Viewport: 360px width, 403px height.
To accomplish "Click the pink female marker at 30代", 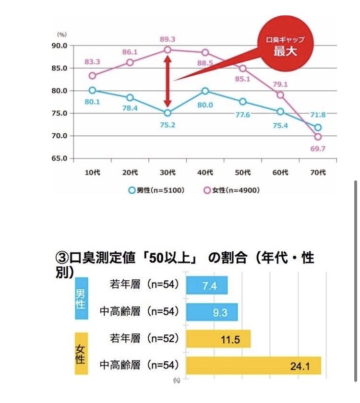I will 168,50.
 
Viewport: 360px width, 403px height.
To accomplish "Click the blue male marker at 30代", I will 168,113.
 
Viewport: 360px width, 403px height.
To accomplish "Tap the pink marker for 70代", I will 318,137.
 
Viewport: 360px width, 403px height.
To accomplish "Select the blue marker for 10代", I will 92,90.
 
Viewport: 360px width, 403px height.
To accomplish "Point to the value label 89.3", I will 168,38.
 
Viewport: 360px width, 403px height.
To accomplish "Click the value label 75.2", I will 168,125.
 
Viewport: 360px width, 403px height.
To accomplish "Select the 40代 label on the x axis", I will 205,172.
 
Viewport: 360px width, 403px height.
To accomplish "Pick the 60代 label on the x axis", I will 280,172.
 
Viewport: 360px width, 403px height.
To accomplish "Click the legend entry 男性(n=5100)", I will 157,190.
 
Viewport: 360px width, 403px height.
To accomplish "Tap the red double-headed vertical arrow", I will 168,82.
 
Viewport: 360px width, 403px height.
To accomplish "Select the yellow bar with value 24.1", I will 253,366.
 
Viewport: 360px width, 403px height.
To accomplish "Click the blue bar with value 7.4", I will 206,285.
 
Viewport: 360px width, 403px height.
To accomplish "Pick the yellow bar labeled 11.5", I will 218,339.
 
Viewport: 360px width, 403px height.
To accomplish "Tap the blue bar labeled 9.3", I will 212,312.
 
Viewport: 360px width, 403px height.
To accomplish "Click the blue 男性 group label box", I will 80,298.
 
